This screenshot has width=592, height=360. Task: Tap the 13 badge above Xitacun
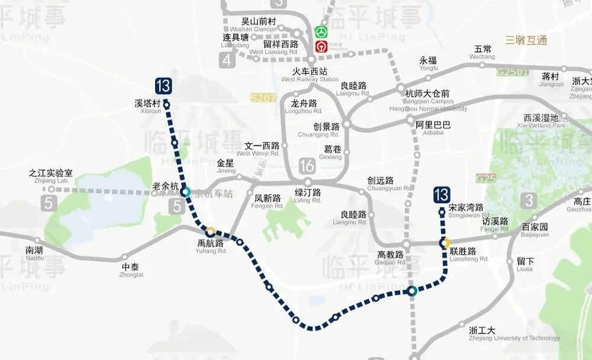[163, 86]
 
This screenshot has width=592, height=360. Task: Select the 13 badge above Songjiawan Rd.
[442, 194]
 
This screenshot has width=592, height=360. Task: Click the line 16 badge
[307, 165]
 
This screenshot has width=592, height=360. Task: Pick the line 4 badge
[227, 59]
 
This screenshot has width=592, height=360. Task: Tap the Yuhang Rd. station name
[211, 247]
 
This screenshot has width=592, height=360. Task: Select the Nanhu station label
[34, 253]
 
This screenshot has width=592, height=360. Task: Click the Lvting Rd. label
[308, 196]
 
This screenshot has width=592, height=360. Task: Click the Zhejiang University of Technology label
[514, 334]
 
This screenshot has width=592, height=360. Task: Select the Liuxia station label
[525, 264]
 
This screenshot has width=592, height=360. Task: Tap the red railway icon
[321, 46]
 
